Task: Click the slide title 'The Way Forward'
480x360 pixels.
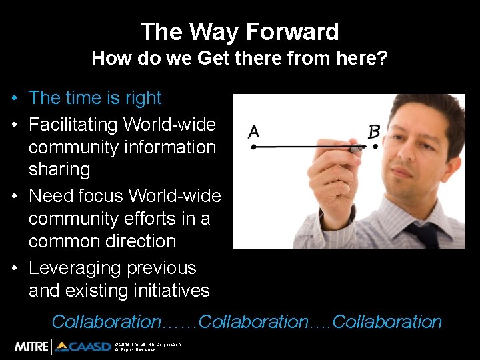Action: (239, 31)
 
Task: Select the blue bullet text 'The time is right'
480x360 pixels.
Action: (95, 98)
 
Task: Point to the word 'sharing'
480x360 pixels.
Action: (59, 169)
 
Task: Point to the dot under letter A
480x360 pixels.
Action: (253, 147)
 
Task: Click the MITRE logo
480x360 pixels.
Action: (32, 346)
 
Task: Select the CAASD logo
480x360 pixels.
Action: (84, 346)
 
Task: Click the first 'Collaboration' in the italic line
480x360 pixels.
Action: (106, 322)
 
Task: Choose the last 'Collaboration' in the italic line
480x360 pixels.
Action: (387, 322)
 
